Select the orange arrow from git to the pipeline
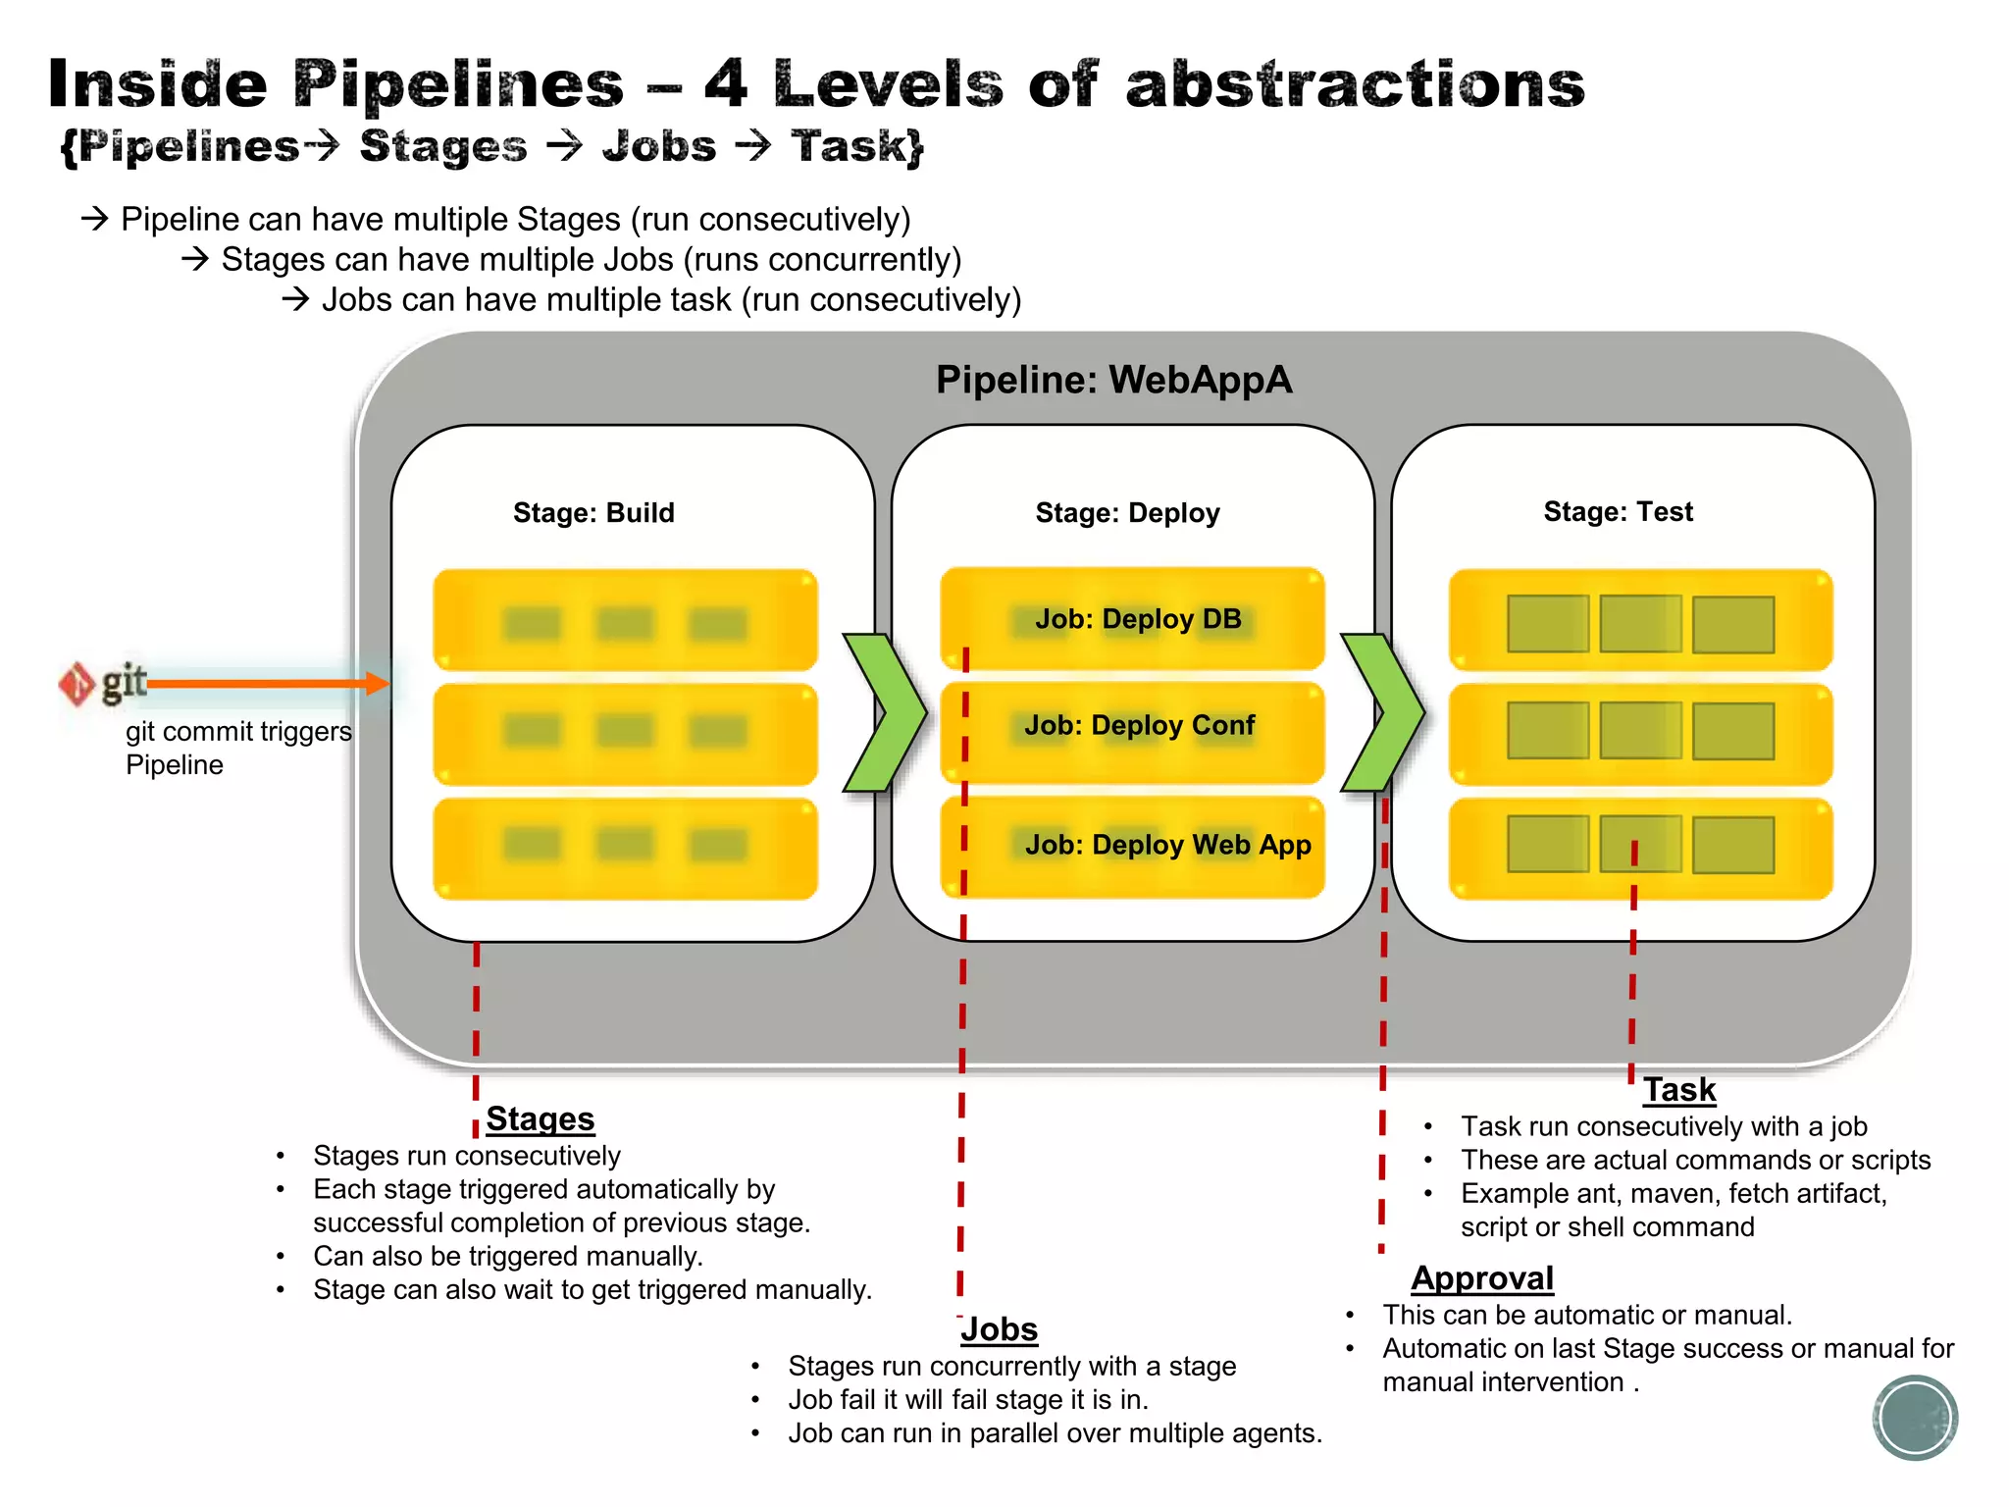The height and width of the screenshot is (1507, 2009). [265, 684]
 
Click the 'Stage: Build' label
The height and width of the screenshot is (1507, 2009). [593, 513]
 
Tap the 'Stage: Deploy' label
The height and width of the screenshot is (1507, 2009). [1127, 513]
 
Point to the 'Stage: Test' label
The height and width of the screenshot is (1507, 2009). [1618, 512]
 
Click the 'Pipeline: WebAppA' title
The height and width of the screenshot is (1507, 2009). [1113, 380]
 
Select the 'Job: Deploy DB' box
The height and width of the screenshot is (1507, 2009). [1133, 619]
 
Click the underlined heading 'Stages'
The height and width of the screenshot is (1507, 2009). [540, 1119]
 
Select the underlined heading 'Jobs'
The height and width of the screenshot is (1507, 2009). [999, 1329]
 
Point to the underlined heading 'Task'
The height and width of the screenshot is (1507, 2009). [1679, 1090]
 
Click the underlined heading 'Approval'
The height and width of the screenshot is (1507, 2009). [1482, 1278]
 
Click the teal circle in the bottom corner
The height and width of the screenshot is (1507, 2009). [1915, 1418]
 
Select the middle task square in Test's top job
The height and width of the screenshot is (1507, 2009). [1640, 624]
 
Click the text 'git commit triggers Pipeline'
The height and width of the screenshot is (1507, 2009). [237, 748]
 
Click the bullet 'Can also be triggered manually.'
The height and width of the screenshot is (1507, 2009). [507, 1257]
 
